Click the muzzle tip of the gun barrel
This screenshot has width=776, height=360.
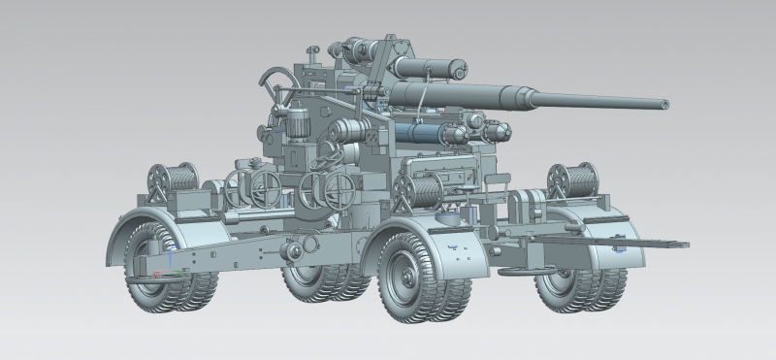(x=665, y=102)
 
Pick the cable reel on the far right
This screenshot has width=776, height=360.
(x=571, y=178)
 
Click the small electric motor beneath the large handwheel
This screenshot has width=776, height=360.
(x=294, y=122)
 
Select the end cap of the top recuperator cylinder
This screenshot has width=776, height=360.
(x=460, y=68)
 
